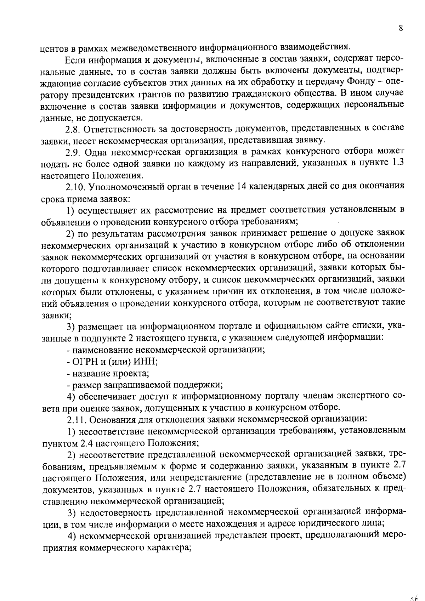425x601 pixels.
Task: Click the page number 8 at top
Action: pyautogui.click(x=400, y=29)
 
